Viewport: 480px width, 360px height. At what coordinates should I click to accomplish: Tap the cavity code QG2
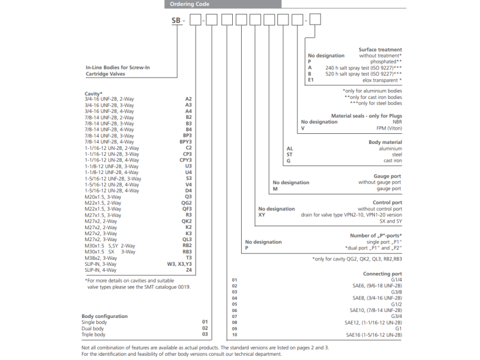pyautogui.click(x=187, y=202)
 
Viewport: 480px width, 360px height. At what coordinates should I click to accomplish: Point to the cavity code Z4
pyautogui.click(x=188, y=271)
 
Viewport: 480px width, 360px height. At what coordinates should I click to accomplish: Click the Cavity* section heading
pyautogui.click(x=94, y=93)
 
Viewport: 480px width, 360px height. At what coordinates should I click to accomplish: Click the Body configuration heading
pyautogui.click(x=104, y=316)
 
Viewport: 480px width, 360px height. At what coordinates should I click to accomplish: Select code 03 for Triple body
pyautogui.click(x=205, y=335)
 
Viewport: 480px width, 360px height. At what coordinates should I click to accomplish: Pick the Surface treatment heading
pyautogui.click(x=380, y=50)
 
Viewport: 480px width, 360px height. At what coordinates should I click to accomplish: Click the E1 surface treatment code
pyautogui.click(x=310, y=80)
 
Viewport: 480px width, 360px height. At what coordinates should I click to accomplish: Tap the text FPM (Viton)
pyautogui.click(x=389, y=128)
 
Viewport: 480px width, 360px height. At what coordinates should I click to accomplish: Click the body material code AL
pyautogui.click(x=290, y=148)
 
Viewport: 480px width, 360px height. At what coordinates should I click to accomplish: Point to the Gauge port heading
pyautogui.click(x=388, y=176)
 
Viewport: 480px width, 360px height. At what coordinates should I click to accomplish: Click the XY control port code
pyautogui.click(x=262, y=215)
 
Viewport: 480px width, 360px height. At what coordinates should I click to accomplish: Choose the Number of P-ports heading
pyautogui.click(x=376, y=236)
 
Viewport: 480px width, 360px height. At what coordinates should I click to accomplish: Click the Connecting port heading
pyautogui.click(x=382, y=274)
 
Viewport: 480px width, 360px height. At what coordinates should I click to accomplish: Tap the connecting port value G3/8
pyautogui.click(x=396, y=292)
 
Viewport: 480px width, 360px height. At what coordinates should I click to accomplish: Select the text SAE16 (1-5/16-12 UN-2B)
pyautogui.click(x=373, y=334)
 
